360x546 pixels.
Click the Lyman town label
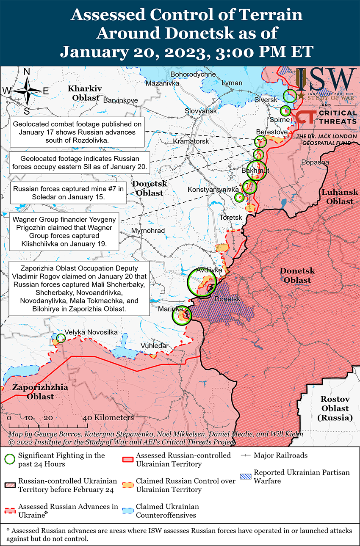(x=232, y=83)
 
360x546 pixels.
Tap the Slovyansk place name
(x=200, y=111)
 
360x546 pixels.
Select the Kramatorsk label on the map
(x=191, y=141)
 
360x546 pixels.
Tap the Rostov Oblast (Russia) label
(x=335, y=408)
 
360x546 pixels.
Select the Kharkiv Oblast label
(x=85, y=93)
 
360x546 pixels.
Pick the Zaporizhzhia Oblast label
(x=40, y=392)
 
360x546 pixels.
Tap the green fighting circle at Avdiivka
(x=202, y=282)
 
